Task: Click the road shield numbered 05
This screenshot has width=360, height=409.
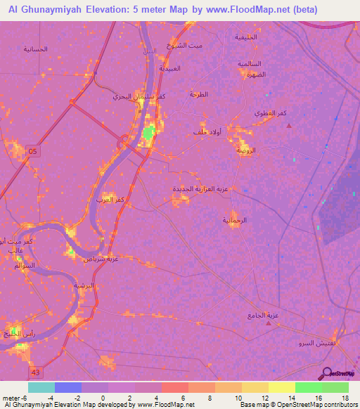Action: pos(34,150)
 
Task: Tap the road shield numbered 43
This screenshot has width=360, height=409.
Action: pos(34,370)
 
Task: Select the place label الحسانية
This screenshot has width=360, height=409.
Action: pos(35,49)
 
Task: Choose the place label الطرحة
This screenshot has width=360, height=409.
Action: pos(199,94)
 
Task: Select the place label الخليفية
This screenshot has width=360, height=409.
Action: pos(246,37)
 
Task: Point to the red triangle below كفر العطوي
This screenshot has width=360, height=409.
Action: pos(288,126)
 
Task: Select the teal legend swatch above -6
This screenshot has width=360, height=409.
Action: pos(41,387)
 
